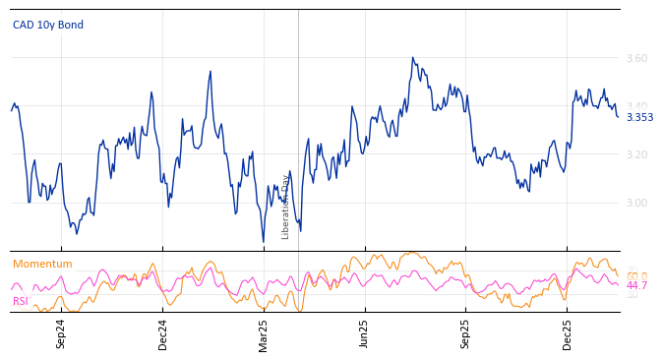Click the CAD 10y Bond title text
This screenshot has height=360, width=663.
point(48,25)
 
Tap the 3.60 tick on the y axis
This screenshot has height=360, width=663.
point(636,58)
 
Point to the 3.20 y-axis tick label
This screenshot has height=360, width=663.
point(636,154)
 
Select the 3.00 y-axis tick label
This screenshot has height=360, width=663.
point(636,203)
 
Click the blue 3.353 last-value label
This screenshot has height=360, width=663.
point(639,118)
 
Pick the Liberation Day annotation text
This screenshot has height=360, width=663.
point(286,207)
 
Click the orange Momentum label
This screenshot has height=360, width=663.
point(42,264)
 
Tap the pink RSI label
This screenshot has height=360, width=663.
point(20,301)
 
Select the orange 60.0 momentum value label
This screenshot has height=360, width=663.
point(636,276)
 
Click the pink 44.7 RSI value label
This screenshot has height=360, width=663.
point(636,285)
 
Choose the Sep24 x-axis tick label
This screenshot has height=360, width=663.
point(61,333)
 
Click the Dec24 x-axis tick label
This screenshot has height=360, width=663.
point(163,333)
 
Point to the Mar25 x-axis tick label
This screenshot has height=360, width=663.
point(264,333)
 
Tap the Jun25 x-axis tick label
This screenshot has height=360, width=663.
point(365,333)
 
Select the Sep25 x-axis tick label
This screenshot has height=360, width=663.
point(465,333)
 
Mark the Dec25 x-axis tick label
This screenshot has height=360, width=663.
point(568,333)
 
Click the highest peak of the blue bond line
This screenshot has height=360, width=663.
point(413,58)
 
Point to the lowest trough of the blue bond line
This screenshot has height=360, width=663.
point(264,241)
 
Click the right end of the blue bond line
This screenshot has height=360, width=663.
point(618,117)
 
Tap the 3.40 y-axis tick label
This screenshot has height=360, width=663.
point(636,106)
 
